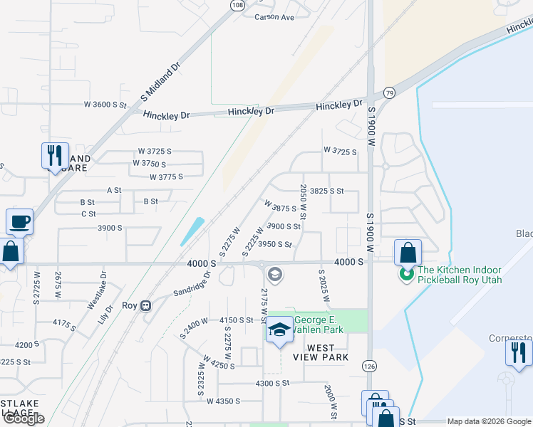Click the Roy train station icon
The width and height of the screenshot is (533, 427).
pyautogui.click(x=146, y=305)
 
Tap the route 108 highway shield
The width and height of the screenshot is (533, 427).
pyautogui.click(x=238, y=5)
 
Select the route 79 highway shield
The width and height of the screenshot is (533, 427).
pyautogui.click(x=388, y=93)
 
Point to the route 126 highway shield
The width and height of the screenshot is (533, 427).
pyautogui.click(x=368, y=366)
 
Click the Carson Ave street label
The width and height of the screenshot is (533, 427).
pyautogui.click(x=274, y=16)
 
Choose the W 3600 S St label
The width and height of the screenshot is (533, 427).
pyautogui.click(x=105, y=105)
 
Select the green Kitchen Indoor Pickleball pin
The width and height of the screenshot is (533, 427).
pyautogui.click(x=407, y=273)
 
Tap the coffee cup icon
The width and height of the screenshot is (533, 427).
pyautogui.click(x=19, y=221)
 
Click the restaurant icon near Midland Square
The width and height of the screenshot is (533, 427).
pyautogui.click(x=54, y=154)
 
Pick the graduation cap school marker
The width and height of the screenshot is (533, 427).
pyautogui.click(x=280, y=330)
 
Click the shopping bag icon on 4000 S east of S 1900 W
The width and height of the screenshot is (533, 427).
pyautogui.click(x=408, y=252)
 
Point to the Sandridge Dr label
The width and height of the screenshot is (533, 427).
pyautogui.click(x=192, y=283)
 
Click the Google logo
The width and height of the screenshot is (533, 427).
pyautogui.click(x=24, y=418)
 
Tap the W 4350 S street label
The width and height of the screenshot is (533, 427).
pyautogui.click(x=223, y=401)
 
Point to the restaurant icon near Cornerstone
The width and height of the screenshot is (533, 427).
pyautogui.click(x=518, y=352)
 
